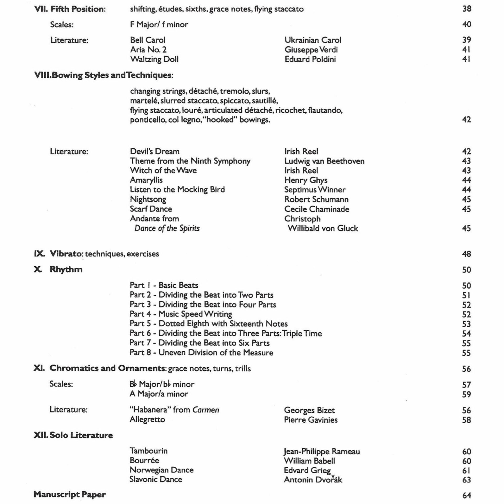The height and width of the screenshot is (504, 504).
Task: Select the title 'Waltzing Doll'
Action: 154,59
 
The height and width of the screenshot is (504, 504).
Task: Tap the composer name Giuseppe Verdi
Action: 311,50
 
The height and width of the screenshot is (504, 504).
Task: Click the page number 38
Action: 467,9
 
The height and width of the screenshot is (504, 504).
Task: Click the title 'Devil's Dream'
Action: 155,151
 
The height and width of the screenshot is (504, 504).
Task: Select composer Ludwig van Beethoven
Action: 324,161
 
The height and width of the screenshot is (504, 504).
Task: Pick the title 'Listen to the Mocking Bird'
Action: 177,190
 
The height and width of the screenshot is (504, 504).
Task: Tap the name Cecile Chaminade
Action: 317,209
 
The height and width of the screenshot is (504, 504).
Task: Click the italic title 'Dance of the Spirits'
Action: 167,228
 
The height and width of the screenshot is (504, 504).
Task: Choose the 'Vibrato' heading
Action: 65,254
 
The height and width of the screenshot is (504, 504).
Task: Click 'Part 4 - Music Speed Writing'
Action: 181,314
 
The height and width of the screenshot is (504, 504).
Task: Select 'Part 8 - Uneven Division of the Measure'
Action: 201,353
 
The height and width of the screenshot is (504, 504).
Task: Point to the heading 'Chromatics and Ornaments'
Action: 107,368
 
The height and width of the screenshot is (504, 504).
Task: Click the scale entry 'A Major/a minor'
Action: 159,394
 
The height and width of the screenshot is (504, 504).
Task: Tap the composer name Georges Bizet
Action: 309,410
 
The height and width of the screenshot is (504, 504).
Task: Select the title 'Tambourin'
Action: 148,451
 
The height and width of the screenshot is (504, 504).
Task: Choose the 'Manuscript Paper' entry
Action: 70,495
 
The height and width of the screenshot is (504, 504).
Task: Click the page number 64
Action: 467,495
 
